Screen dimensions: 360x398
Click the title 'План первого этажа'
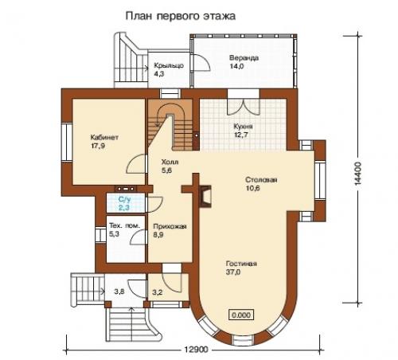point(180,15)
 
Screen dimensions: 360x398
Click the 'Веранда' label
point(244,58)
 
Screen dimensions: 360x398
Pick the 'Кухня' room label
point(244,127)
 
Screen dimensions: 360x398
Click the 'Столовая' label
point(260,180)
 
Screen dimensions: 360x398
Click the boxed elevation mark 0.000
point(241,314)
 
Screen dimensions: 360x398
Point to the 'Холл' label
point(168,161)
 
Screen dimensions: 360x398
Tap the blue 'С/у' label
point(123,199)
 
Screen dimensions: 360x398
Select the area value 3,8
point(119,292)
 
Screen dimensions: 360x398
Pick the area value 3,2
point(157,292)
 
